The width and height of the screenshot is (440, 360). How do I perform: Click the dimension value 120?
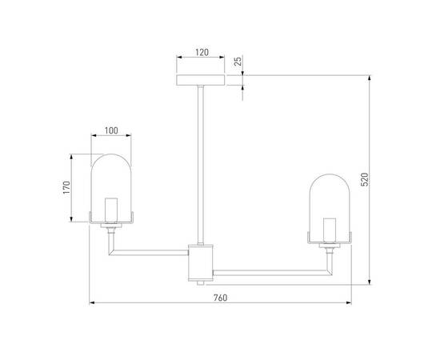pyautogui.click(x=202, y=52)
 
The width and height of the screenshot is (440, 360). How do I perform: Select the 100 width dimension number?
pyautogui.click(x=110, y=130)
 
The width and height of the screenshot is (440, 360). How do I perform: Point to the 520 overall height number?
pyautogui.click(x=365, y=181)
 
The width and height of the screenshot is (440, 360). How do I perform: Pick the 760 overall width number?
pyautogui.click(x=221, y=298)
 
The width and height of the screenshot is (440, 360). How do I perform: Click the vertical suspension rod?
pyautogui.click(x=202, y=160)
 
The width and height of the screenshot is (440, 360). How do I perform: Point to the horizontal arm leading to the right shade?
pyautogui.click(x=272, y=273)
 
